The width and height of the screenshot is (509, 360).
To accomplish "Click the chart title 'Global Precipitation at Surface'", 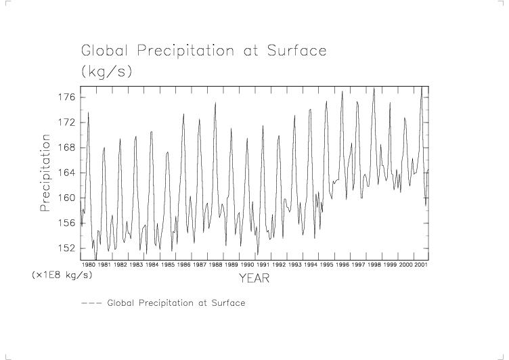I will click(x=204, y=51).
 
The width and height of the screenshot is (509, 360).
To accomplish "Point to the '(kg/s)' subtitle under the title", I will click(x=106, y=70).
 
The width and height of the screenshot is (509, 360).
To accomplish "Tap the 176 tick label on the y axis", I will click(x=66, y=97).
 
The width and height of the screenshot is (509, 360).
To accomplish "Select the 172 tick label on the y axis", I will click(x=66, y=122).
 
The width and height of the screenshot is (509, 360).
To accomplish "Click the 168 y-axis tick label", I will click(x=66, y=148).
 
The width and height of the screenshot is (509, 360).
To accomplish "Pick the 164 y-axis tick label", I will click(x=66, y=173).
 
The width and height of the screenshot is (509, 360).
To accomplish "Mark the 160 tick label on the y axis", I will click(x=66, y=198).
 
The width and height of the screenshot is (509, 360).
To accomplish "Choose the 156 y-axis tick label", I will click(x=66, y=223).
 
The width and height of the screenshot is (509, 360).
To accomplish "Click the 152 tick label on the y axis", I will click(x=66, y=248).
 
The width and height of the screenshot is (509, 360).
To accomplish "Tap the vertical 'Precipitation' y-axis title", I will click(x=46, y=173).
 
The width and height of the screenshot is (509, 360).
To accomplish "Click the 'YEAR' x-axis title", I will click(x=255, y=278).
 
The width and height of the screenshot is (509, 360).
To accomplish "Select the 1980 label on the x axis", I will click(x=89, y=265).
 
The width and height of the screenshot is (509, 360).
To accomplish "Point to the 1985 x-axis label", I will click(x=168, y=265).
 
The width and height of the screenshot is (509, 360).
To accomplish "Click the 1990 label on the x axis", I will click(x=247, y=265).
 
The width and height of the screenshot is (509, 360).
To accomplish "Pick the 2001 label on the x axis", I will click(x=420, y=265).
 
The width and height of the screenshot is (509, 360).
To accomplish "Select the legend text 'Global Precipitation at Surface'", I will click(x=176, y=303).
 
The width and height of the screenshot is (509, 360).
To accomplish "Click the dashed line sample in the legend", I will click(x=91, y=303).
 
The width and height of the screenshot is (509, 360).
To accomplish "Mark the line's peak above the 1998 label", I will click(x=374, y=88).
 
